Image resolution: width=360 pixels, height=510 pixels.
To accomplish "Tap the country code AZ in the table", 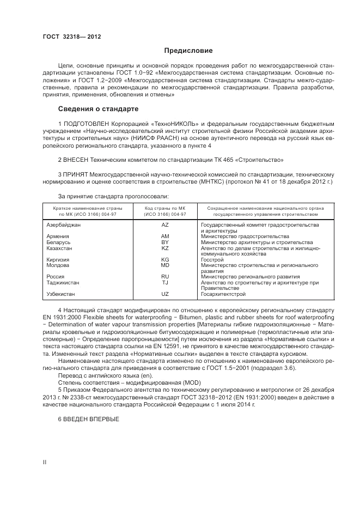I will coord(165,224).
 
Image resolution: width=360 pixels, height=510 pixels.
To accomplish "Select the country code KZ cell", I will coord(165,248).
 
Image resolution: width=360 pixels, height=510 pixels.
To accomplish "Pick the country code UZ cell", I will coord(165,294).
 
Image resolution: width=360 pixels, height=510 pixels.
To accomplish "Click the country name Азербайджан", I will coord(64,224).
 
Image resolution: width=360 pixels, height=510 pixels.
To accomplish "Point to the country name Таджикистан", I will coord(63,283).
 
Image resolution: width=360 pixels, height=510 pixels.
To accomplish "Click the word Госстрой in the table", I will coord(212,260).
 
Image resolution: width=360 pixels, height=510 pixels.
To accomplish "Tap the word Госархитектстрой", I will coord(223,294).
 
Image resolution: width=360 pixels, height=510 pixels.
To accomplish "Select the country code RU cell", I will coord(165,277).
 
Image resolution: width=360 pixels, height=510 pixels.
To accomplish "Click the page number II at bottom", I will coord(45,462).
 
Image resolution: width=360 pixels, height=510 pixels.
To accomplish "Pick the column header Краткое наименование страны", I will coord(88,208).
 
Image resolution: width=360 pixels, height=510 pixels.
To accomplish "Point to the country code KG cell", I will coord(165,260).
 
